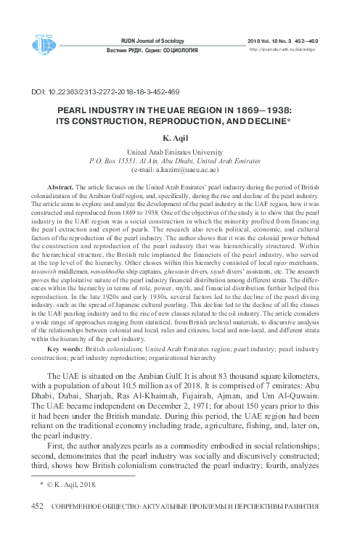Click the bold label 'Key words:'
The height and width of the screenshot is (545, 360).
pos(62,349)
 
